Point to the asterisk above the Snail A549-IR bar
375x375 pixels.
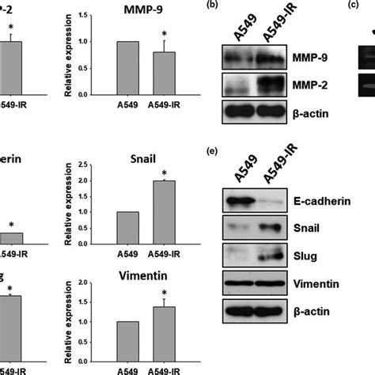click(165, 174)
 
